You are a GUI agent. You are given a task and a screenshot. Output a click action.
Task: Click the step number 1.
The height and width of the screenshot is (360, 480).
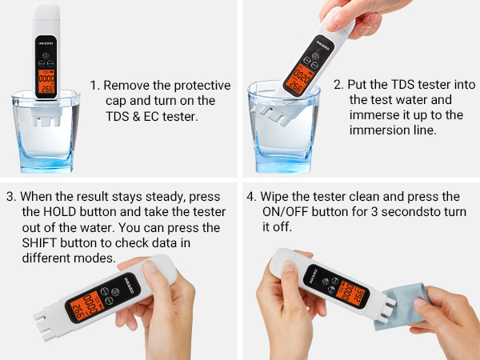(93, 86)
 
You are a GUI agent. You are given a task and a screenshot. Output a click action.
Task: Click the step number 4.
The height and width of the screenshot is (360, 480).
(251, 196)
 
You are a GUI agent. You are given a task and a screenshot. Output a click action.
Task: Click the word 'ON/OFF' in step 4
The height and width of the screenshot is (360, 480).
(286, 212)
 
